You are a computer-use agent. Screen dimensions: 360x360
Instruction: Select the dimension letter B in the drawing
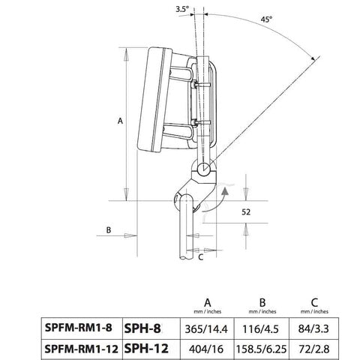pos(109,229)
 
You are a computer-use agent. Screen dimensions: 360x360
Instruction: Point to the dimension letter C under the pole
pos(200,256)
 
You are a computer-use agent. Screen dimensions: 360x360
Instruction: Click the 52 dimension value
pos(245,212)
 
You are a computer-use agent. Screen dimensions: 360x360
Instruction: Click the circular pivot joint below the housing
pos(204,169)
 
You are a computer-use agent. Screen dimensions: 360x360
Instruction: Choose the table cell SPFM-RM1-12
pos(81,347)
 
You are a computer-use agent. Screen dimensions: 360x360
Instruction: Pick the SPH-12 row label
pos(145,347)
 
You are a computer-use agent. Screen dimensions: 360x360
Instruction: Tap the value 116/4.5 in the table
pos(263,327)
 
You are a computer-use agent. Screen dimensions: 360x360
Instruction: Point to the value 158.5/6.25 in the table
pos(263,347)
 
